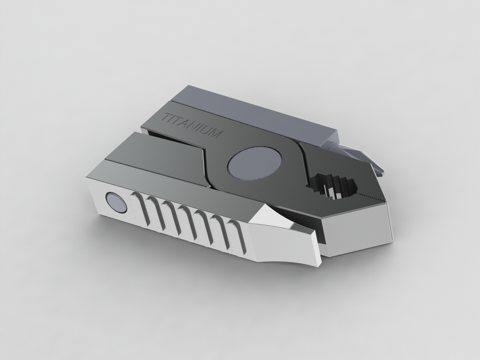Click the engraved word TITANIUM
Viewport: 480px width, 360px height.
pos(192,127)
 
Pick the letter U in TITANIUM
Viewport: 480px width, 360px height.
pos(207,132)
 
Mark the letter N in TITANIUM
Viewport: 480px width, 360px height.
pos(194,127)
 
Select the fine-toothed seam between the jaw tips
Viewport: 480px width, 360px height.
pos(371,197)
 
